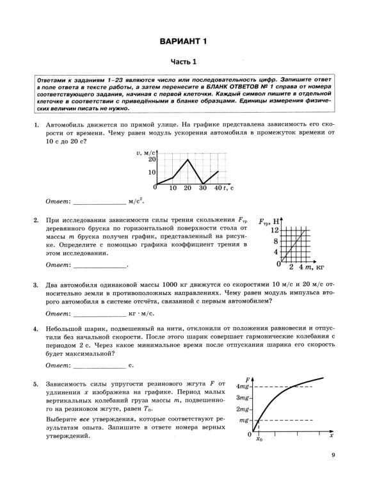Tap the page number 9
point(333,455)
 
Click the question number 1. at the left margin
point(36,126)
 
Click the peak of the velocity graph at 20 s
point(187,159)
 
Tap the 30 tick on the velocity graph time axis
point(203,189)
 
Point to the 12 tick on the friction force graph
point(275,230)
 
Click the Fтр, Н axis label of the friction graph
point(271,220)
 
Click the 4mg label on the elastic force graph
point(243,387)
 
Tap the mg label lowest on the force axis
point(244,420)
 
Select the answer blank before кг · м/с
point(100,314)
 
